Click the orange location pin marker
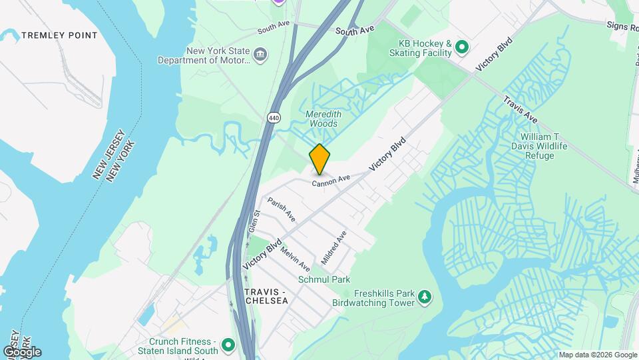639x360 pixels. click(319, 159)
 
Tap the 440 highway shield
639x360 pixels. click(274, 117)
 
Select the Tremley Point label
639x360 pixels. click(59, 35)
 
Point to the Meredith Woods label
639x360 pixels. click(321, 119)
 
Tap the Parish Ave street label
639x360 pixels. click(282, 209)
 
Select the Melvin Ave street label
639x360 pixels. click(295, 259)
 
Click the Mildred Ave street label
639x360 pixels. click(335, 246)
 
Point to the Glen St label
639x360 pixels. click(254, 221)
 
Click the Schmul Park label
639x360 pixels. click(324, 279)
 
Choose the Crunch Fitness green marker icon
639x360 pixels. click(228, 345)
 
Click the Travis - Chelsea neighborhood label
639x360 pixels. click(267, 297)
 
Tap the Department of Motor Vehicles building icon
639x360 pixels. click(260, 53)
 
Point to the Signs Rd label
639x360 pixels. click(622, 26)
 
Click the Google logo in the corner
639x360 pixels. click(22, 351)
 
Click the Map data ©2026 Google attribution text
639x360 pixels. click(597, 355)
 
